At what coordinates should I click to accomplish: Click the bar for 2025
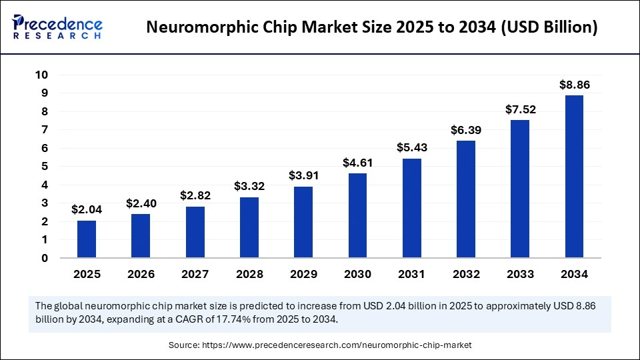click(87, 239)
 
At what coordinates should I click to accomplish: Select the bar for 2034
click(574, 177)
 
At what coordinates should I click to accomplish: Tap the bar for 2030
click(357, 215)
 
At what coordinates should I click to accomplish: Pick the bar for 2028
click(249, 227)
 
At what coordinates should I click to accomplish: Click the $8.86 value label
click(574, 85)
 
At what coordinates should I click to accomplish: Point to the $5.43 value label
click(411, 148)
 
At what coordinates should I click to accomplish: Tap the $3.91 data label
click(303, 176)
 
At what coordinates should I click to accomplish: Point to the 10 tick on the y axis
click(41, 75)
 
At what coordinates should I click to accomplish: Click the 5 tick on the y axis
click(45, 167)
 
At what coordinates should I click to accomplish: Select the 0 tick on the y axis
click(45, 258)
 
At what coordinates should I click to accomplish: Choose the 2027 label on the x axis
click(195, 274)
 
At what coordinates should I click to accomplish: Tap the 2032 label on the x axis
click(465, 274)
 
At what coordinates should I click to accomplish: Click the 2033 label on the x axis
click(520, 274)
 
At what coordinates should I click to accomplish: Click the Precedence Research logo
click(57, 27)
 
